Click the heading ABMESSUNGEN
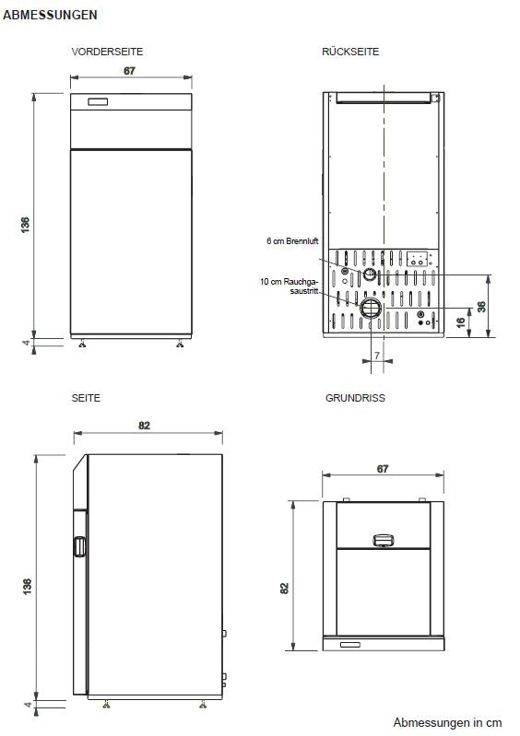click(x=51, y=16)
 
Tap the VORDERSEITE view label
click(x=107, y=52)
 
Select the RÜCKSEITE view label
click(x=350, y=52)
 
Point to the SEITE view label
click(x=86, y=398)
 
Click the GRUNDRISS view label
click(x=355, y=398)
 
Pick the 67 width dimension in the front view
click(x=130, y=71)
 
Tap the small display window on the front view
click(x=97, y=101)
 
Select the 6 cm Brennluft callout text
click(x=292, y=241)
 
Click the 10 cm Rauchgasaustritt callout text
click(x=293, y=286)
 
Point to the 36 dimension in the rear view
click(x=482, y=307)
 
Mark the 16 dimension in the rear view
click(x=461, y=322)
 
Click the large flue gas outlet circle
click(x=370, y=308)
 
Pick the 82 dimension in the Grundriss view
click(x=285, y=587)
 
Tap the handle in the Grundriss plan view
click(x=383, y=540)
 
